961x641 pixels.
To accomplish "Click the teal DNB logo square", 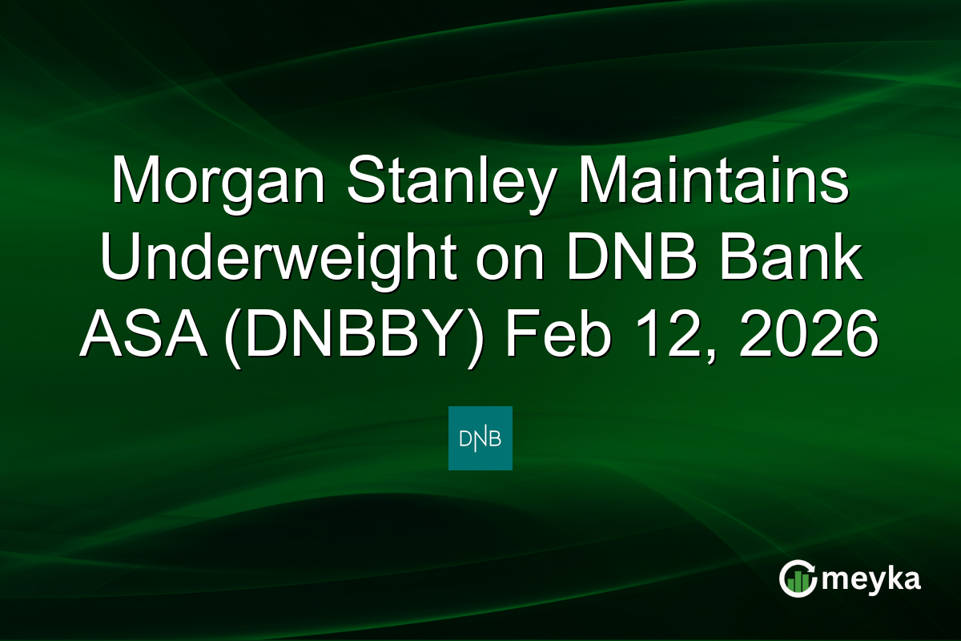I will [480, 438].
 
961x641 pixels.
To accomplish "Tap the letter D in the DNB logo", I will [465, 438].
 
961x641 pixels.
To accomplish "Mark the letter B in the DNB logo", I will [496, 438].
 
